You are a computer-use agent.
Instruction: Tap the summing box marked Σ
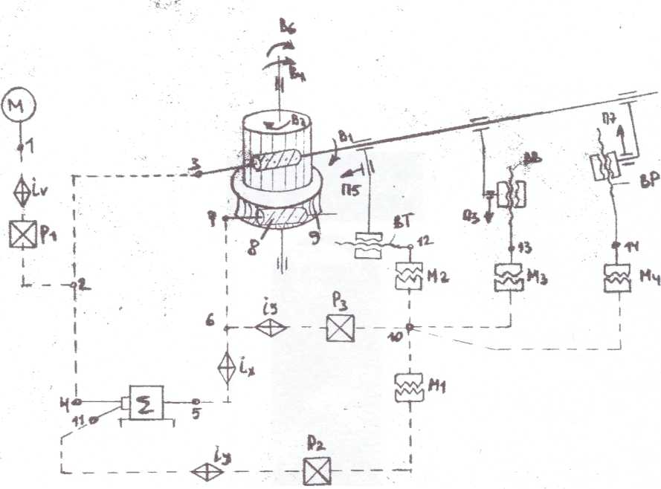146,404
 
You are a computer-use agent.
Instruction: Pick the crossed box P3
340,327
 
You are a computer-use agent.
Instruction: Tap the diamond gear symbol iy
202,471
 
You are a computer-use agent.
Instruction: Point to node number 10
410,326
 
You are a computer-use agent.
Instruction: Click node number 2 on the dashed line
74,284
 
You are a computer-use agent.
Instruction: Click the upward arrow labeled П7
614,137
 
